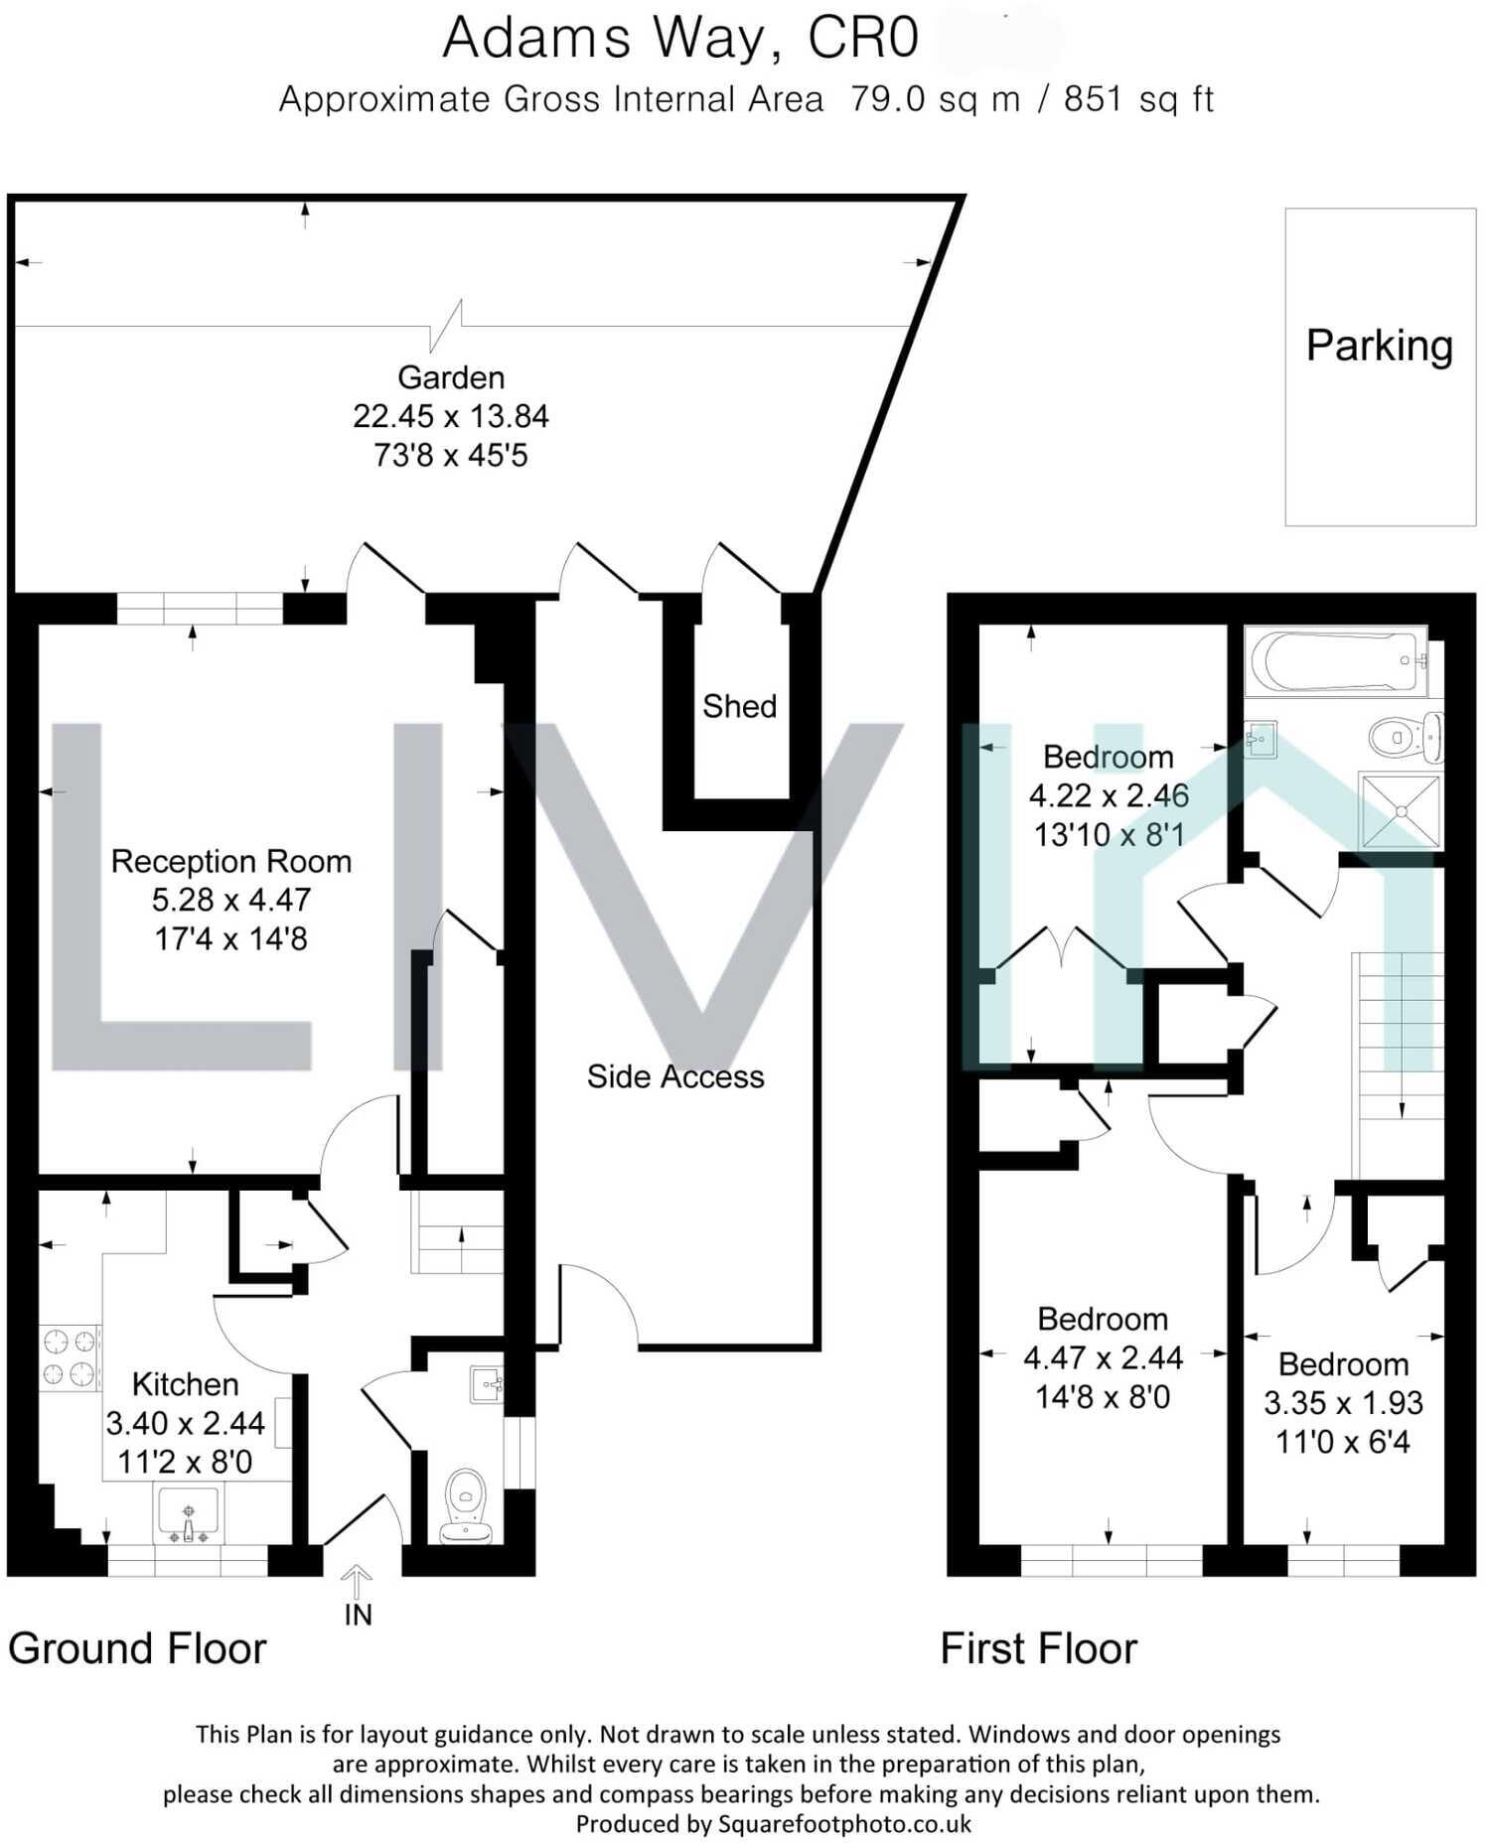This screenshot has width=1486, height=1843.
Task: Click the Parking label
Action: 1379,346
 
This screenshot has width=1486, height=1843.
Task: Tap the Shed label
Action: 739,706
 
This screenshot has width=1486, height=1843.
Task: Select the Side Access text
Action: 675,1076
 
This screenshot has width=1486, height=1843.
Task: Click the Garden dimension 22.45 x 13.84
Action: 450,416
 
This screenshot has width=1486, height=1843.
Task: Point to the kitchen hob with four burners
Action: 70,1358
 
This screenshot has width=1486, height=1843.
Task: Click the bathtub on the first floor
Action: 1336,660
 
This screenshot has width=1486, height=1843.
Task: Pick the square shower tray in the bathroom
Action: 1401,811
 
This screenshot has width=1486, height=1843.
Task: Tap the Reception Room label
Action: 231,861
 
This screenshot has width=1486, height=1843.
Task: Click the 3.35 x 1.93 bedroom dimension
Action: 1343,1403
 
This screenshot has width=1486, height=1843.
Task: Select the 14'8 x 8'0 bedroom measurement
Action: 1103,1397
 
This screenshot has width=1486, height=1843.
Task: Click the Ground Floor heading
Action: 137,1649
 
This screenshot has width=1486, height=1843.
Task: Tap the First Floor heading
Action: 1038,1649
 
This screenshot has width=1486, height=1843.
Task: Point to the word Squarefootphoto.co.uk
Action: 844,1823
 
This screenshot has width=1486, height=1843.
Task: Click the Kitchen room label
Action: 186,1384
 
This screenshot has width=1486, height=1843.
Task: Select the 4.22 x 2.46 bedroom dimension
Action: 1109,795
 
